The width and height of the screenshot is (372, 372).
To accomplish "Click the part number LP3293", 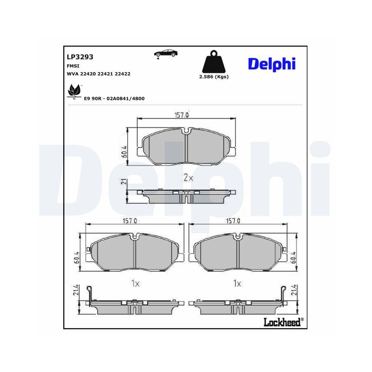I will coord(80,57).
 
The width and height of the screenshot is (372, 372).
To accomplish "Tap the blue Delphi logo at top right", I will coord(272,64).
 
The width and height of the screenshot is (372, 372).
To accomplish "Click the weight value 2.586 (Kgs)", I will coord(214,77).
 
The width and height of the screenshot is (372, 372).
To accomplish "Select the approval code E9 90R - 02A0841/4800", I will coord(114,98).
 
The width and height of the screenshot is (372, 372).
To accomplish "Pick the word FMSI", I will coord(72,65).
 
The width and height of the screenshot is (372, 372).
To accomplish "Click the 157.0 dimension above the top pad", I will coord(182,115).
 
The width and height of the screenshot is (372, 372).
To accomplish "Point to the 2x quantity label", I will coord(189,178).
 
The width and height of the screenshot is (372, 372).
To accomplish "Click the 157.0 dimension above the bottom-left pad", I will coord(130,221).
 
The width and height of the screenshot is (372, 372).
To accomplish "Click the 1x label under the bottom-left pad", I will coord(135,284).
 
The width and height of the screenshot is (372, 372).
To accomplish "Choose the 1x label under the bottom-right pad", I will coord(237,284).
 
